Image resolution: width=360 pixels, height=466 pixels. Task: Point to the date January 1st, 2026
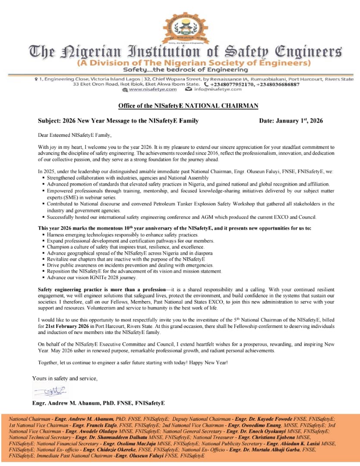pos(291,121)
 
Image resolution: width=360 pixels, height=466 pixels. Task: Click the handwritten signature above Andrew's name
pos(49,391)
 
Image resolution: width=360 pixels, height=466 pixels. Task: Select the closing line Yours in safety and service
pos(65,378)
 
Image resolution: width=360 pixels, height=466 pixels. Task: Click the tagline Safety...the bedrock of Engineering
pos(185,69)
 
